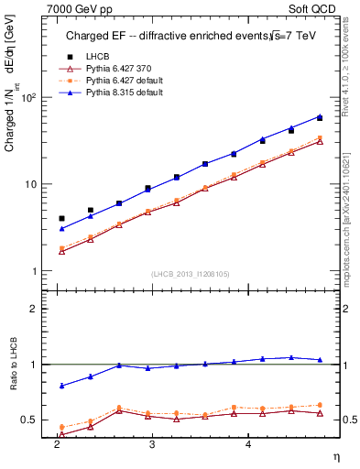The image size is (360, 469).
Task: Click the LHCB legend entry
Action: click(95, 57)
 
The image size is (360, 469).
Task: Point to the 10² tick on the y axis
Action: click(27, 97)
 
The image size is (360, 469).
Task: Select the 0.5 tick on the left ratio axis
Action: click(29, 420)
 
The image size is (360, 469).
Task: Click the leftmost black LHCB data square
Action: click(61, 219)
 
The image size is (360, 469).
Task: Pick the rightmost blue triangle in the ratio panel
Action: click(320, 360)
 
